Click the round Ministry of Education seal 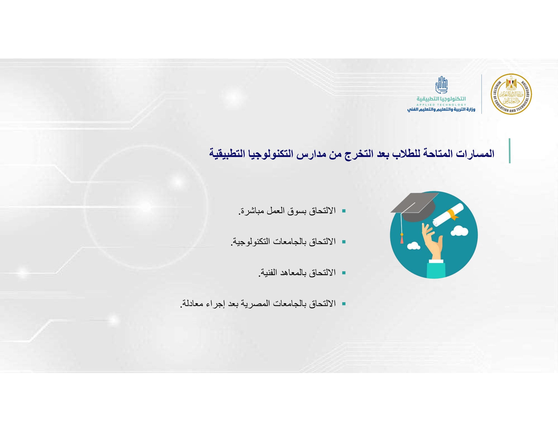click(511, 94)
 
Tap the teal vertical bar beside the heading click(509, 151)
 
